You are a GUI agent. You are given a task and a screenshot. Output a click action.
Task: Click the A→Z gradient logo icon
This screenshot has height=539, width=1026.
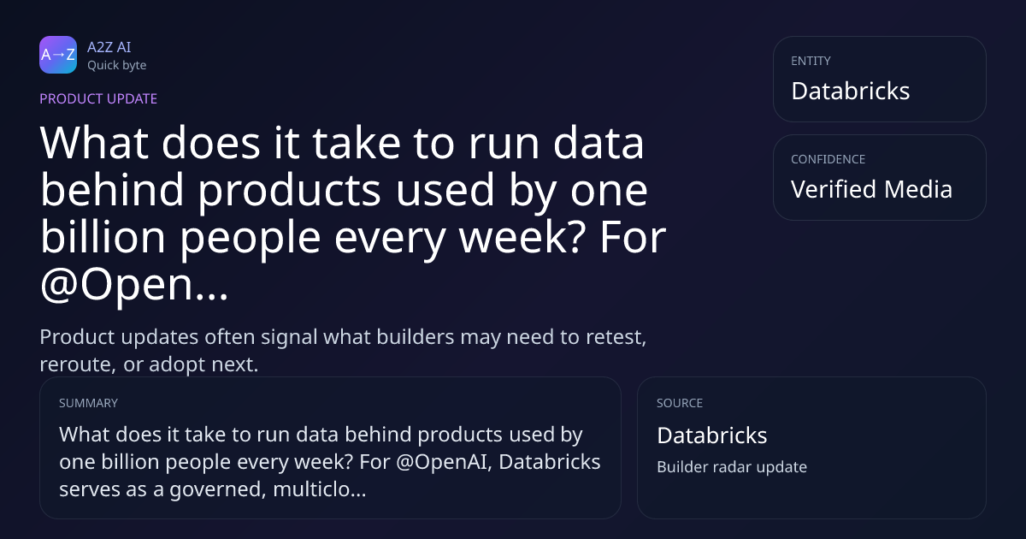click(x=58, y=55)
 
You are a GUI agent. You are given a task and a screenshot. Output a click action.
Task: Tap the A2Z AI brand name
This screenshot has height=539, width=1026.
click(x=109, y=47)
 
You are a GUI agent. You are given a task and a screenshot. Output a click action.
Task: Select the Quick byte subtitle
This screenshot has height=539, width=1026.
click(x=117, y=66)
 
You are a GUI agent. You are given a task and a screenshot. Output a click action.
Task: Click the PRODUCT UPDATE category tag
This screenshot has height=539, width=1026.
click(x=98, y=98)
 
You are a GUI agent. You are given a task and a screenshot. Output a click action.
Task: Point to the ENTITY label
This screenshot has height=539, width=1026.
click(x=811, y=61)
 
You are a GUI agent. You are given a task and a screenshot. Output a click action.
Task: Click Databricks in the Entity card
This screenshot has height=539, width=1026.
click(x=851, y=91)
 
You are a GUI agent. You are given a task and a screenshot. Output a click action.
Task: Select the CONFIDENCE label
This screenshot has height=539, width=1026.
click(x=828, y=159)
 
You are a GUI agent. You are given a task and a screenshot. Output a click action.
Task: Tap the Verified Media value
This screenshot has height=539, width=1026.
click(x=871, y=189)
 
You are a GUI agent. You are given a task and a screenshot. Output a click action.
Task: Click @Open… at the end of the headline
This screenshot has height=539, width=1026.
click(x=133, y=284)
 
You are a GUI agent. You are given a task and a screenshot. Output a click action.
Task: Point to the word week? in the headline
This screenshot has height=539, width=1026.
click(x=522, y=237)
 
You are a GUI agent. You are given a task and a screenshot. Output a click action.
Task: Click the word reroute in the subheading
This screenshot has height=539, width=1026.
click(x=75, y=364)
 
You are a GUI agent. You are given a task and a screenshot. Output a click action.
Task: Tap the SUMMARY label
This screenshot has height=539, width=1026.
click(x=88, y=403)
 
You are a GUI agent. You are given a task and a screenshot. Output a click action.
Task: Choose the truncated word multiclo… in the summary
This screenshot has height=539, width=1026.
click(x=319, y=489)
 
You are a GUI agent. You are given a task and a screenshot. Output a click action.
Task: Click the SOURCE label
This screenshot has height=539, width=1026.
click(x=680, y=403)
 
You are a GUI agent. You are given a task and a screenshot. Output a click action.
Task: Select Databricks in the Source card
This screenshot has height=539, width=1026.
click(x=711, y=435)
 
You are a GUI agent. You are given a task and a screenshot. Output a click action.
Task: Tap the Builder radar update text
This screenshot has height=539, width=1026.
click(x=732, y=466)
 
